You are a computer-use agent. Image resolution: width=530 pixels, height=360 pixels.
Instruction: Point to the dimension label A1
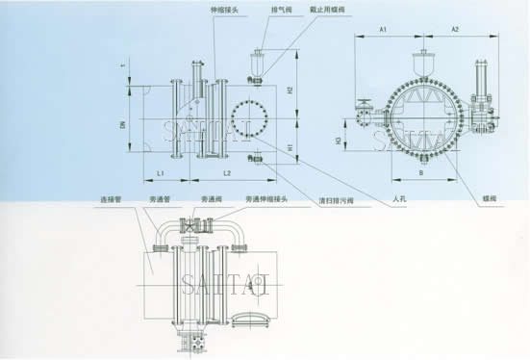[x=382, y=31]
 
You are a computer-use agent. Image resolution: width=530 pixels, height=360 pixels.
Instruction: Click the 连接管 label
[x=116, y=200]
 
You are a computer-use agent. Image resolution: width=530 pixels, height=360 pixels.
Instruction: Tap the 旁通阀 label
[x=214, y=200]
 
